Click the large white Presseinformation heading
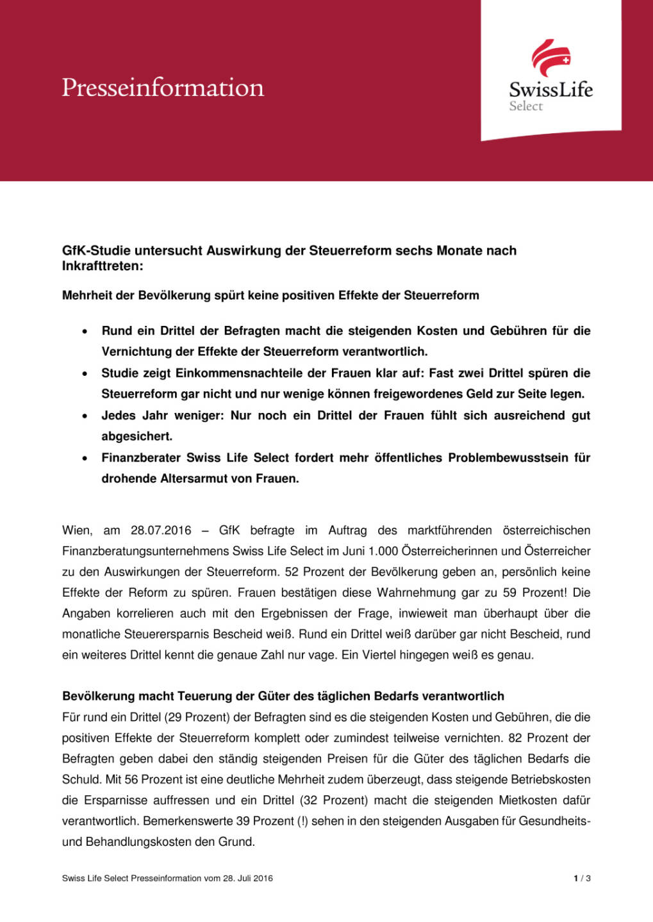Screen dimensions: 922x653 point(163,88)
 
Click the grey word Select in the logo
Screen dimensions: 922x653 point(525,106)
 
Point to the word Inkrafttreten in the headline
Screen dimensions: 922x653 point(101,266)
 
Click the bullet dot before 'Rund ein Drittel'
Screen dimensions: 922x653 point(85,332)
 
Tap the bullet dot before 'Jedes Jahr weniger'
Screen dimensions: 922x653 point(85,416)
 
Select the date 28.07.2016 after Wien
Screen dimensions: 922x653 point(161,530)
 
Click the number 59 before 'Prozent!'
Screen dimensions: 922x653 point(509,593)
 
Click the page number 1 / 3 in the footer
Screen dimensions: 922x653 point(582,878)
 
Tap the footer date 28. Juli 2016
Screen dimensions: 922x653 point(247,878)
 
